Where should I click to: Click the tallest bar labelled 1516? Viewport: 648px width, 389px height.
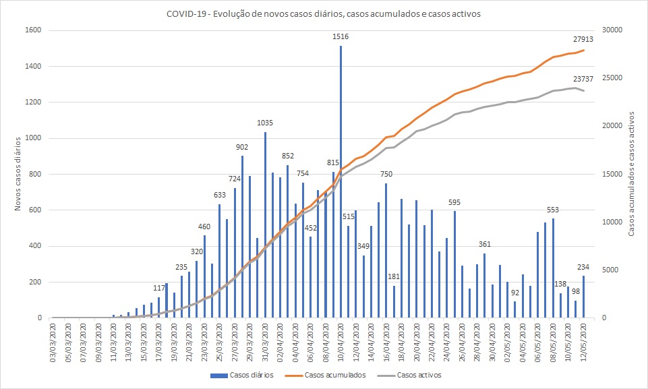pyautogui.click(x=341, y=182)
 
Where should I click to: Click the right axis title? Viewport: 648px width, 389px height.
pyautogui.click(x=632, y=174)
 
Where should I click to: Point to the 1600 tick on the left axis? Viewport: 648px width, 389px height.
pyautogui.click(x=34, y=30)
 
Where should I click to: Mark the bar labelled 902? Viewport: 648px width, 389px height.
pyautogui.click(x=242, y=237)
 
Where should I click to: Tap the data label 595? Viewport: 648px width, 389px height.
pyautogui.click(x=454, y=203)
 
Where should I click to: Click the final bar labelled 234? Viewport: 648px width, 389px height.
pyautogui.click(x=583, y=297)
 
